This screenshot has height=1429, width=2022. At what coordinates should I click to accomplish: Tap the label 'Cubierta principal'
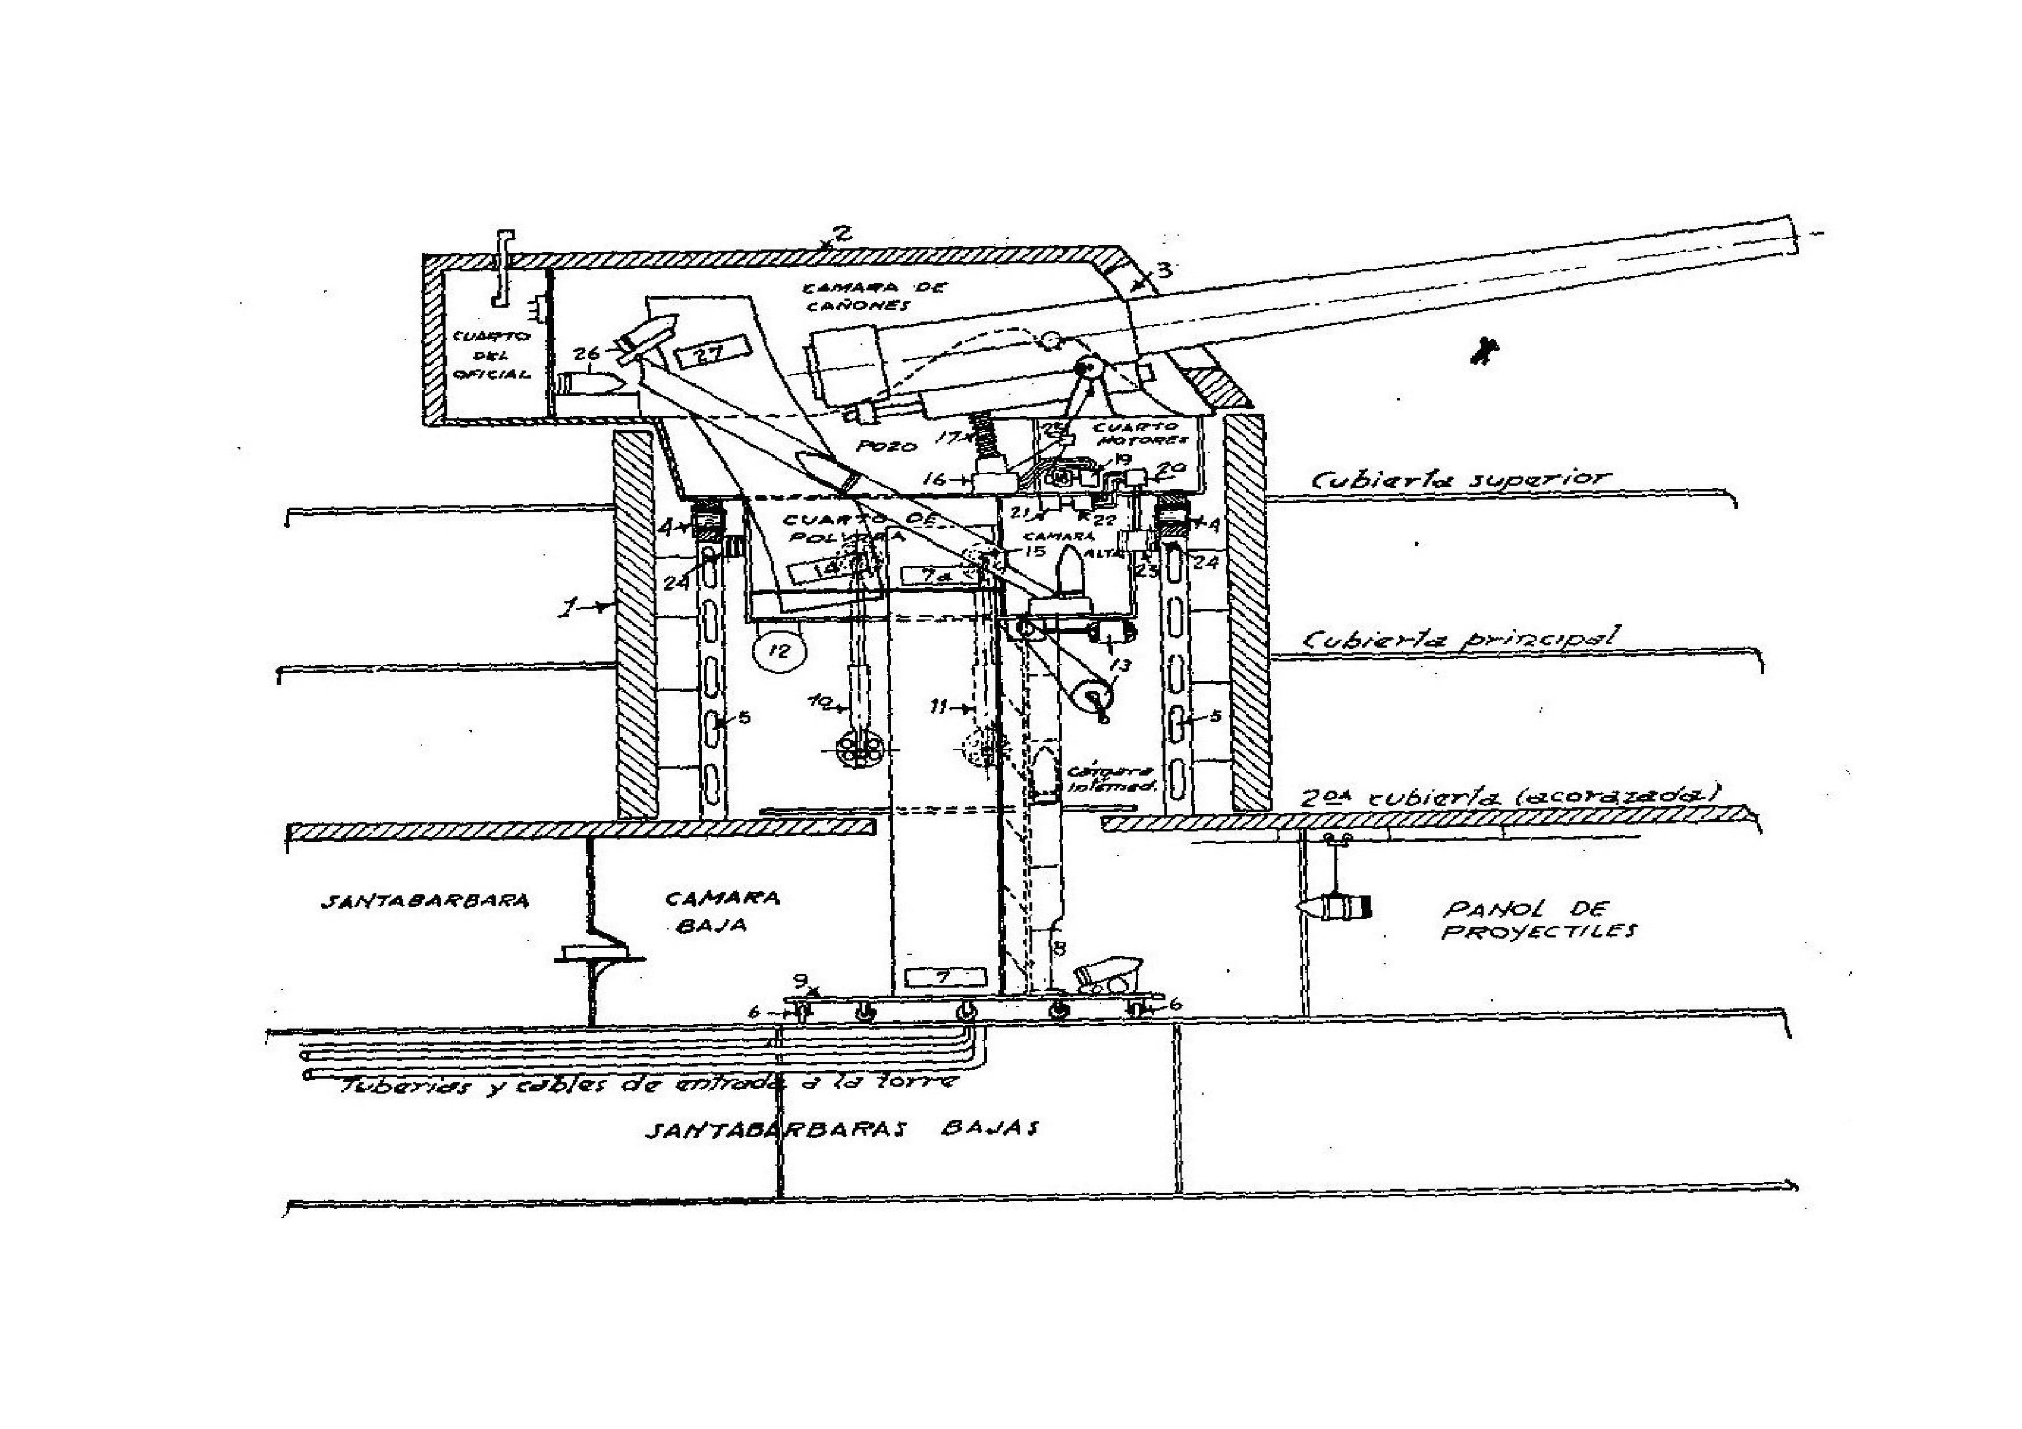[x=1458, y=638]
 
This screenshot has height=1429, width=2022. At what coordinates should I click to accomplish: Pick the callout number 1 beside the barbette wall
[x=571, y=607]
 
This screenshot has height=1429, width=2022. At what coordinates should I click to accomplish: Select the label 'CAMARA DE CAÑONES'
[x=856, y=297]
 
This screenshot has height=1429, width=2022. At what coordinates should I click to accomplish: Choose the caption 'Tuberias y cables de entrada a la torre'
[x=647, y=1085]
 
